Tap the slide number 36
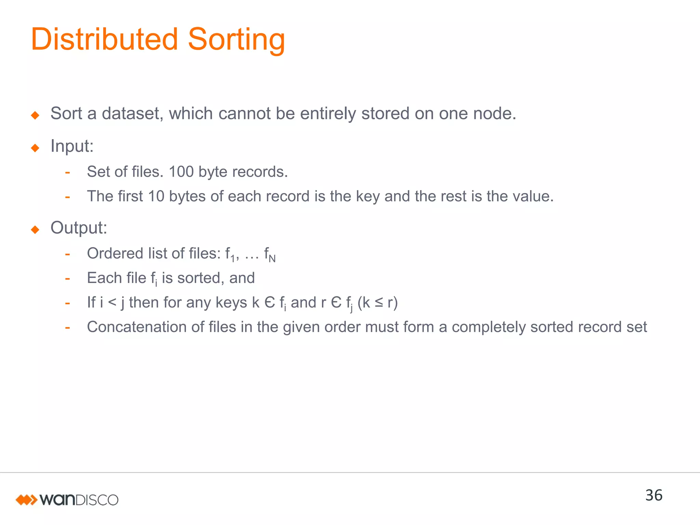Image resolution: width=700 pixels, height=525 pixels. point(654,495)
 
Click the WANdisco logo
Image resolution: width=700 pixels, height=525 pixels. point(67,500)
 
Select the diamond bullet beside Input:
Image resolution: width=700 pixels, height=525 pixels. point(35,148)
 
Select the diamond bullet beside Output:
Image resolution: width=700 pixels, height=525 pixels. point(35,229)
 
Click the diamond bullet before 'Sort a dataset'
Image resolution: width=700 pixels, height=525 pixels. point(35,115)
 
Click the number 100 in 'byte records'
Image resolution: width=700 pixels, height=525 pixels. point(181,172)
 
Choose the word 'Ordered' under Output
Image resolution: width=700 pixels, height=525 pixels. point(115,254)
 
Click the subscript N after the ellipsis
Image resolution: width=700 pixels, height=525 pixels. point(272,259)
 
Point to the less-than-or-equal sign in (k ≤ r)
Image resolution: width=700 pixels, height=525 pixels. point(379,303)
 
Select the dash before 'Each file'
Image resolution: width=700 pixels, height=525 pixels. point(68,279)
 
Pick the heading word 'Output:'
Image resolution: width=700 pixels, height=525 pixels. point(79,228)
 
